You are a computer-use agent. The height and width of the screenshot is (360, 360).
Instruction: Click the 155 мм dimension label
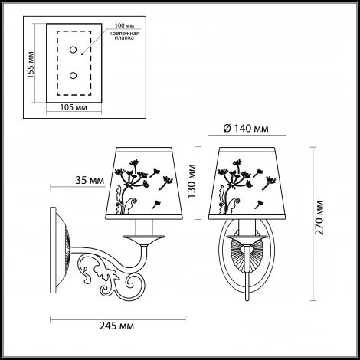click(x=31, y=65)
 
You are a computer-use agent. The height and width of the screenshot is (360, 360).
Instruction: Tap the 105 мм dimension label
click(x=74, y=107)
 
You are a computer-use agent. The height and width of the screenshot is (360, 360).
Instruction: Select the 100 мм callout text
click(x=124, y=25)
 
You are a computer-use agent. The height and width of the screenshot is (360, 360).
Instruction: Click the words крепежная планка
click(x=124, y=36)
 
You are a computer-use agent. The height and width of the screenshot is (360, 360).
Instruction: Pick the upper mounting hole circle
click(x=74, y=50)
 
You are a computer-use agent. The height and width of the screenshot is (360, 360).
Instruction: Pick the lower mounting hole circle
click(x=74, y=76)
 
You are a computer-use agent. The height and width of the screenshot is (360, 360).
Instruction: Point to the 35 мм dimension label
click(x=90, y=180)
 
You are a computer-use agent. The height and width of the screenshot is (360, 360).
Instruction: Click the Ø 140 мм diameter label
click(x=246, y=129)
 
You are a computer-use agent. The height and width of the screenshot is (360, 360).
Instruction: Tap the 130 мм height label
click(x=191, y=181)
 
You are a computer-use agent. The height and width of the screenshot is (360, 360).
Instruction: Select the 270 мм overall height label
click(x=319, y=218)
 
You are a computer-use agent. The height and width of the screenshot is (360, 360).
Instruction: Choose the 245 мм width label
click(x=116, y=326)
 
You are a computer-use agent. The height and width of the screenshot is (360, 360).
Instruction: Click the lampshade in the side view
click(x=144, y=183)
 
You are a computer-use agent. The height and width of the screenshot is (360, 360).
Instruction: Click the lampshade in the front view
click(x=247, y=183)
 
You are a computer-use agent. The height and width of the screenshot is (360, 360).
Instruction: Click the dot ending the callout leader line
click(x=82, y=54)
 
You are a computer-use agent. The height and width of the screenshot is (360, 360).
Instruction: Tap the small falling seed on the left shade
click(x=155, y=205)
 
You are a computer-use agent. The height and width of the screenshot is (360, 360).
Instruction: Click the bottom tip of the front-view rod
click(x=247, y=300)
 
